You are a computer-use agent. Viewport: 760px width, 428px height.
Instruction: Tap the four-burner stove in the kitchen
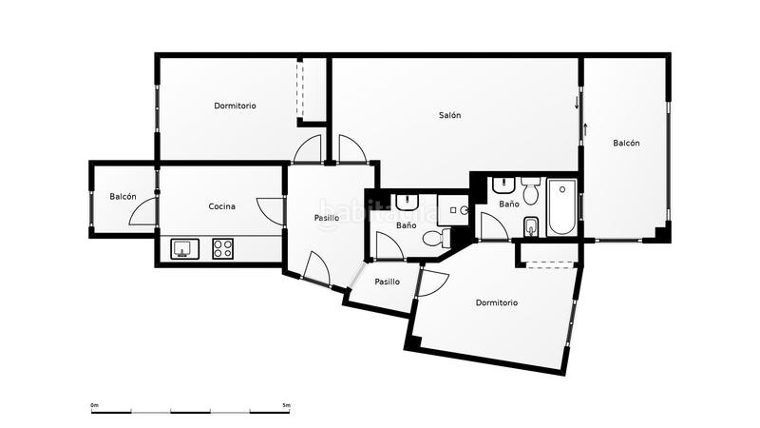click(x=223, y=249)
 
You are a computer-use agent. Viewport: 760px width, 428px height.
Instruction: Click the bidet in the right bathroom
click(x=531, y=225)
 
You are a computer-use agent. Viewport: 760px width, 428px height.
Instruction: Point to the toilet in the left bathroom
click(x=432, y=239)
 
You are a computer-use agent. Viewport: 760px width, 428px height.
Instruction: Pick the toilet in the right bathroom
click(x=530, y=193)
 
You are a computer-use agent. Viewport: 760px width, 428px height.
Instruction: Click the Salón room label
click(x=449, y=115)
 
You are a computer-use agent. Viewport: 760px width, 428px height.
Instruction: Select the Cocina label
click(x=221, y=206)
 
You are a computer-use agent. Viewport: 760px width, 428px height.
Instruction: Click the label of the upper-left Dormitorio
click(x=235, y=106)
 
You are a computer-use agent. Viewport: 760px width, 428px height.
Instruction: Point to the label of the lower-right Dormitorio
click(x=496, y=302)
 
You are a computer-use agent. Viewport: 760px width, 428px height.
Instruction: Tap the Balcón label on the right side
click(x=626, y=143)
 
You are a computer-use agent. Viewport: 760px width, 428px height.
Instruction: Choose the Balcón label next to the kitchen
click(x=123, y=197)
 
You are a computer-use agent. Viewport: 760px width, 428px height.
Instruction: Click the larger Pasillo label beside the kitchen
click(x=327, y=218)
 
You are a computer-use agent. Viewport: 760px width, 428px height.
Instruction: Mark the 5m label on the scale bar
click(x=287, y=405)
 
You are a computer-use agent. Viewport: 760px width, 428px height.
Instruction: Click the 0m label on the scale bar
click(x=95, y=405)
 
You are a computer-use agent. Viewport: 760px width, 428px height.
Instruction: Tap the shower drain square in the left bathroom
click(x=455, y=210)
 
